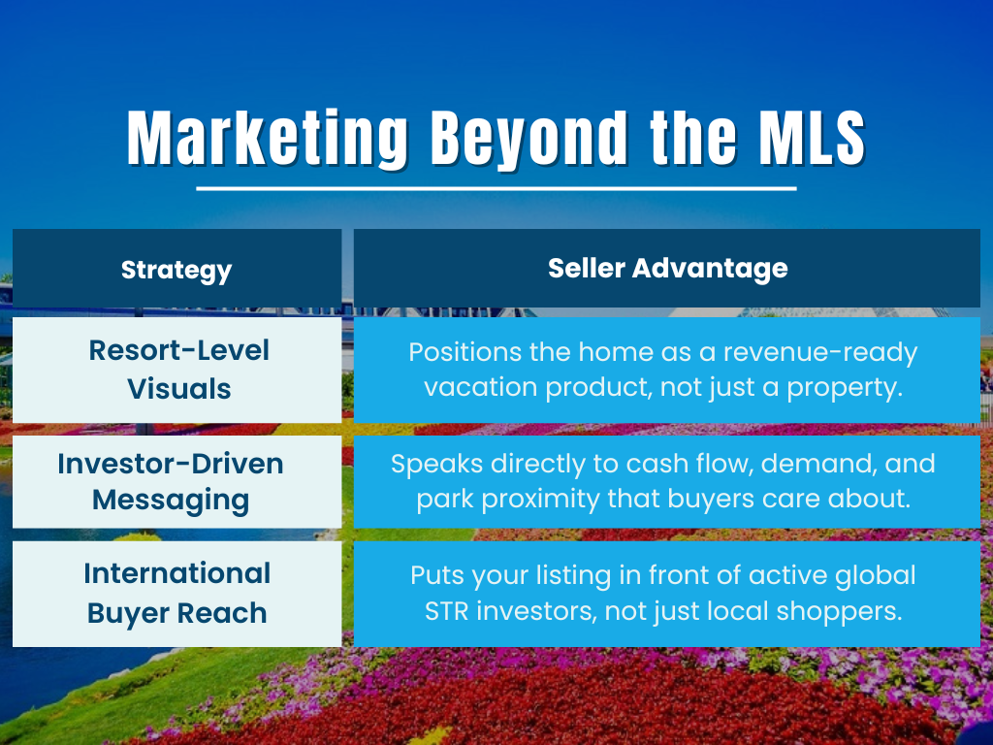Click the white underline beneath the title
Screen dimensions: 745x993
(496, 188)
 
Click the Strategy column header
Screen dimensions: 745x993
(176, 269)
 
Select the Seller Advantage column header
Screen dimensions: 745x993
(667, 268)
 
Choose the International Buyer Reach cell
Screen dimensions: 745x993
(176, 593)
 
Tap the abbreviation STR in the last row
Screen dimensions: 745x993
(448, 612)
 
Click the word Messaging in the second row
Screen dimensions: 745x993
(171, 501)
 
